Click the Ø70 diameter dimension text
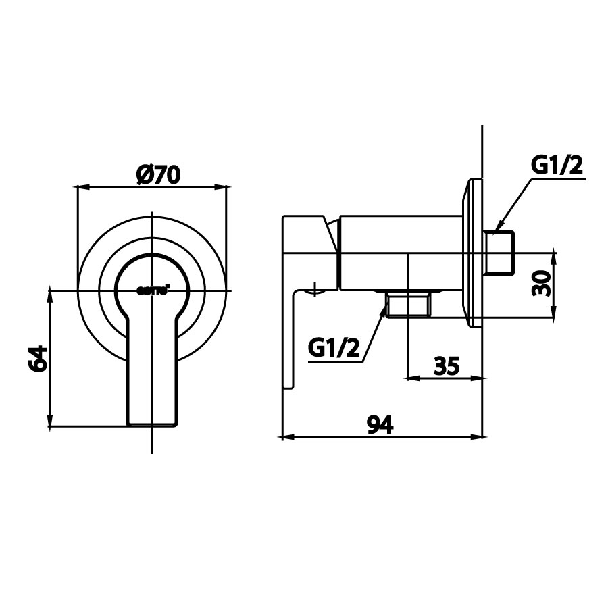pyautogui.click(x=157, y=174)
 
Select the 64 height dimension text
pyautogui.click(x=39, y=358)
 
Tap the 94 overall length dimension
pyautogui.click(x=380, y=424)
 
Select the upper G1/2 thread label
pyautogui.click(x=556, y=166)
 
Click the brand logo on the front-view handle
pyautogui.click(x=153, y=289)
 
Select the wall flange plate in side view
pyautogui.click(x=472, y=253)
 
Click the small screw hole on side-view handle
pyautogui.click(x=315, y=291)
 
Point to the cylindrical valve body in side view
pyautogui.click(x=399, y=251)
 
